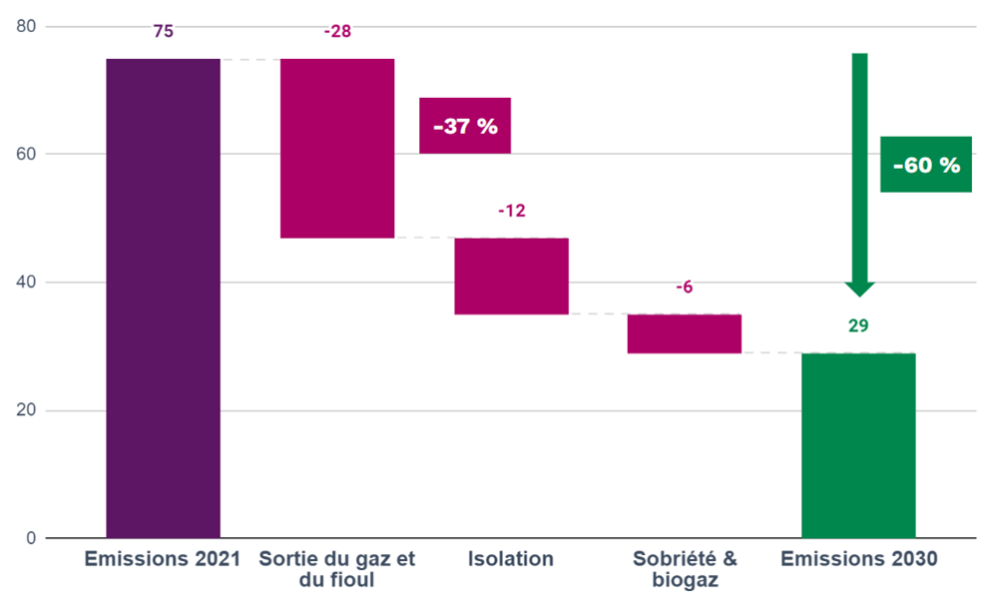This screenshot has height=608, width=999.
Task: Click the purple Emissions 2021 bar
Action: coord(163,299)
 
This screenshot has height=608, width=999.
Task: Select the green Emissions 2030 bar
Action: coord(858,445)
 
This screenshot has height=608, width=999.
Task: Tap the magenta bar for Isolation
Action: coord(511,277)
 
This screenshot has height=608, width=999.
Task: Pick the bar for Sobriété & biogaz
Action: coord(684,333)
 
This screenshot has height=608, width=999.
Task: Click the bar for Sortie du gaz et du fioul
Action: coord(337,149)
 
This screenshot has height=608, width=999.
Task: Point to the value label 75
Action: coord(163,32)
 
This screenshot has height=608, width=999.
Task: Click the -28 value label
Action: coord(337,32)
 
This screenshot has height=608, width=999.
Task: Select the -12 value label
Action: coord(511,211)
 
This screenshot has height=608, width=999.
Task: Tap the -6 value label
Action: coord(684,288)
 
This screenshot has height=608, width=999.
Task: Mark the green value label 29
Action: coord(858,325)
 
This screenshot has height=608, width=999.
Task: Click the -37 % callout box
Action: coord(465,127)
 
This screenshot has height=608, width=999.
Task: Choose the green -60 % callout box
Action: coord(926,165)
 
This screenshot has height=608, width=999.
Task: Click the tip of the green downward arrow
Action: coord(859,294)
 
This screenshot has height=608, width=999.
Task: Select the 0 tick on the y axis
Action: coord(31,539)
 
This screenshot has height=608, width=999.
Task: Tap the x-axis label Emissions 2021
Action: coord(163,559)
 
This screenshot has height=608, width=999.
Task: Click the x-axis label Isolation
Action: coord(511,559)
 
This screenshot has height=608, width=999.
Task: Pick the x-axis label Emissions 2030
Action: coord(858,559)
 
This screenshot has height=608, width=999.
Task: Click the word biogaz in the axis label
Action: coord(684,581)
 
